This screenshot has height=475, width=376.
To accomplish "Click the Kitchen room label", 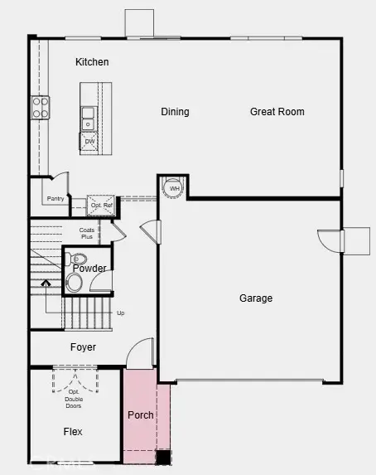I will pos(92,62).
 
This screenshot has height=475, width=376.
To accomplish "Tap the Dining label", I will pos(175,112).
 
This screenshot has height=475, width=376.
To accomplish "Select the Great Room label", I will pos(277,111).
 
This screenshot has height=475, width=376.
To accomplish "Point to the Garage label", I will pos(256,298).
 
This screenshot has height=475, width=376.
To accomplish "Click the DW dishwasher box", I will pos(89,143).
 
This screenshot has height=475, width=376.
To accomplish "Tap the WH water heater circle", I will pos(174,188).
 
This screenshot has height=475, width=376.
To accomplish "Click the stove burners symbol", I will pos(40,107).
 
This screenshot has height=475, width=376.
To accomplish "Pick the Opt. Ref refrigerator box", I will pos(101,204).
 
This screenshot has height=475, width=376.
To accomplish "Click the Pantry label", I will pos(55,199).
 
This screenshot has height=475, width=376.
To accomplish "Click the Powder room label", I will pos(89,269).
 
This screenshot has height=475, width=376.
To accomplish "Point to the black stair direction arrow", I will pos(46,284).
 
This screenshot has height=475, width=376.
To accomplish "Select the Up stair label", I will pos(121,313).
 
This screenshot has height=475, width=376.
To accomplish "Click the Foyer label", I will pos(83,347).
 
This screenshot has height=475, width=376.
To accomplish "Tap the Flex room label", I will pos(73,432).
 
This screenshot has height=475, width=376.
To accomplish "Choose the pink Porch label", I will pos(141,414).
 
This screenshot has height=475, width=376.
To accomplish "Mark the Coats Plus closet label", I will pos(87,234).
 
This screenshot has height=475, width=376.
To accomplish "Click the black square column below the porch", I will pos(164,456).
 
